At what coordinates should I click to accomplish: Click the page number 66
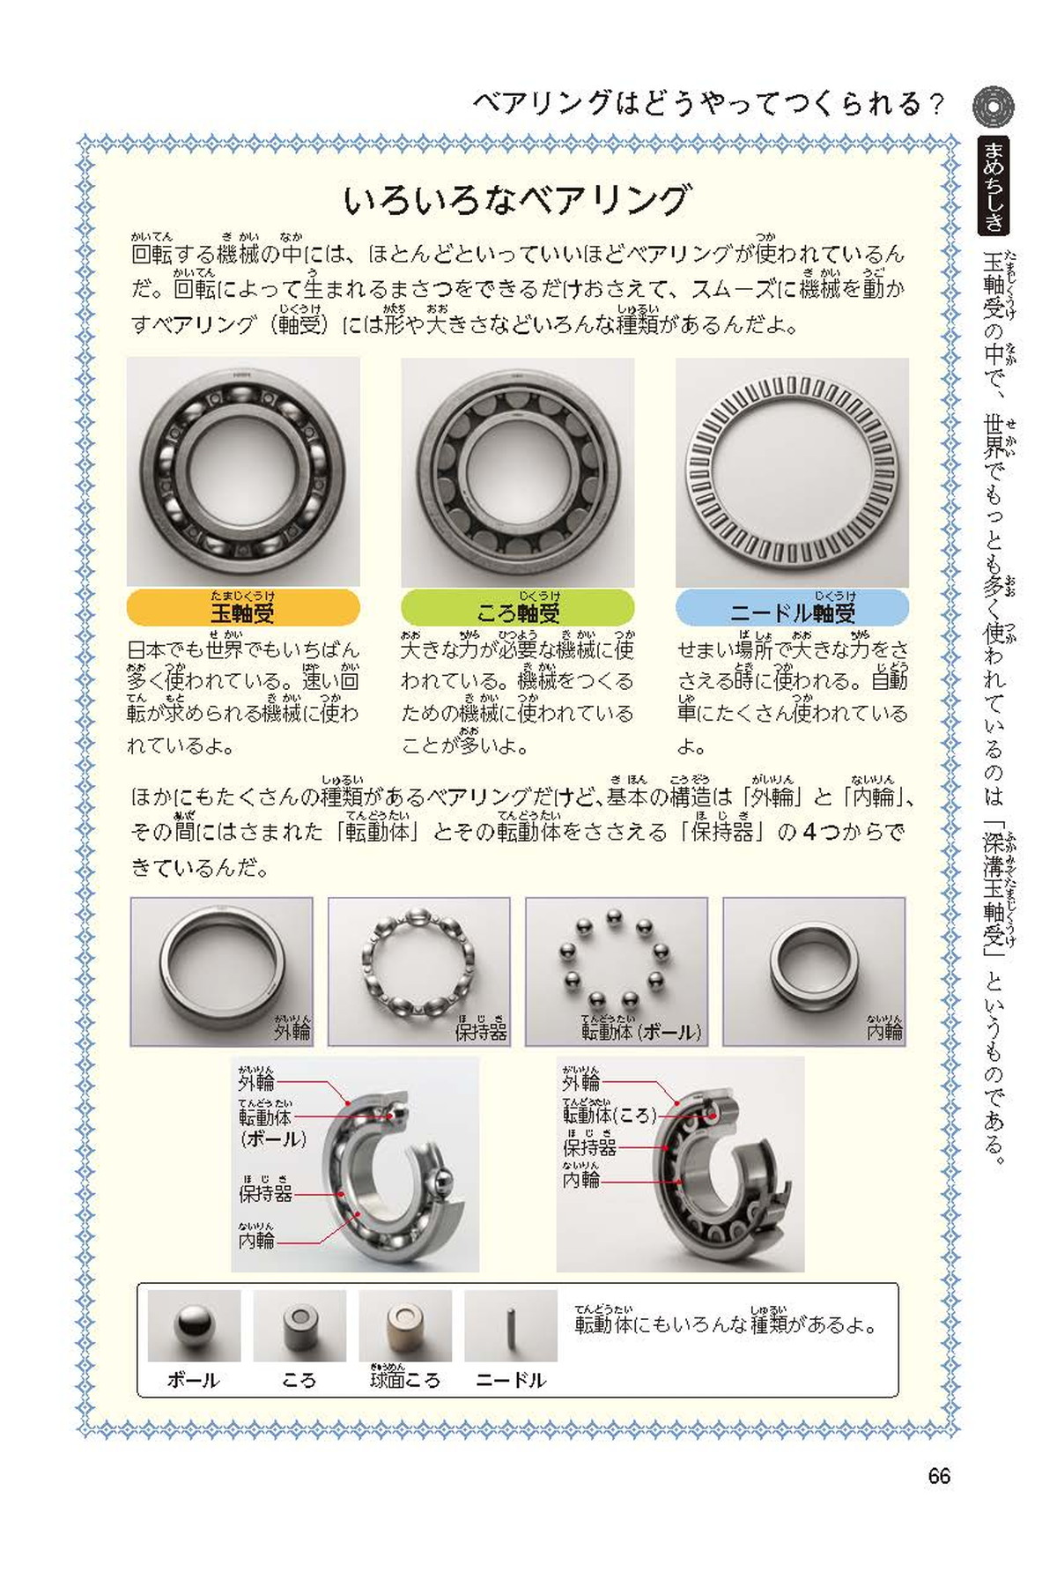pos(939,1476)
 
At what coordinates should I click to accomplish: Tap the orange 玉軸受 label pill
pos(243,608)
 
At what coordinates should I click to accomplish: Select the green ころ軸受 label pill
pos(518,608)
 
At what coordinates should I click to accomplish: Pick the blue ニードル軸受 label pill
pos(792,608)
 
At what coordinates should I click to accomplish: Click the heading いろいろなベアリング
pos(517,200)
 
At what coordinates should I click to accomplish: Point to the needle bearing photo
pos(792,472)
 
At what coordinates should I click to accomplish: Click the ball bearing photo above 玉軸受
pos(243,472)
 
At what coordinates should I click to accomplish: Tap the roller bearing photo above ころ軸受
pos(518,472)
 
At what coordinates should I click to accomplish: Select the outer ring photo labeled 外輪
pos(221,972)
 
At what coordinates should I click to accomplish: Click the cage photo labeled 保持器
pos(419,972)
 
